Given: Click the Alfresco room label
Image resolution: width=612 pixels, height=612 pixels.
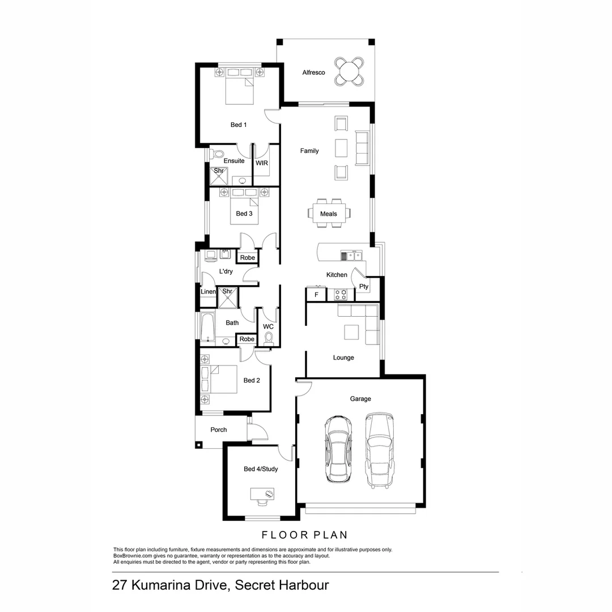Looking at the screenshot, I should [x=313, y=73].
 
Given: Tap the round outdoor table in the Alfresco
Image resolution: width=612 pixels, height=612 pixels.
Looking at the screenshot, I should [x=349, y=71].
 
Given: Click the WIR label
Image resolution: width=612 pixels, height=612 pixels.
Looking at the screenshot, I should [x=261, y=163].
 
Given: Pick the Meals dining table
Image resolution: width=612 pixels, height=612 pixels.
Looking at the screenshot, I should [x=329, y=214].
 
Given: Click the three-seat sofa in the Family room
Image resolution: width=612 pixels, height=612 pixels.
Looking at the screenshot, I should [x=362, y=148].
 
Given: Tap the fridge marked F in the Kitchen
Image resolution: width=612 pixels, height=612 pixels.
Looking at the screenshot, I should [x=316, y=295].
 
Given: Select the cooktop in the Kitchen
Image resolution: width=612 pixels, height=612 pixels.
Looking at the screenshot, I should [x=341, y=294].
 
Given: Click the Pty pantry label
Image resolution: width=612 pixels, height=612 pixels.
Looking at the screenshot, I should [x=364, y=287].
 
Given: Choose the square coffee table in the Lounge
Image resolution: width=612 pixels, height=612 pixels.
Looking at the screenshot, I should [x=351, y=332].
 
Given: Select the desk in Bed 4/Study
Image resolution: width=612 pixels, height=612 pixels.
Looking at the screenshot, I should [x=262, y=494].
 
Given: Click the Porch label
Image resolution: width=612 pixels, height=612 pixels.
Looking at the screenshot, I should [x=219, y=430].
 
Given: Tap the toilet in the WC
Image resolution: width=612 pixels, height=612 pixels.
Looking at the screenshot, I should [x=269, y=338].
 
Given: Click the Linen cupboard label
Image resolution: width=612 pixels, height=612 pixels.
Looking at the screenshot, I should [x=208, y=292].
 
